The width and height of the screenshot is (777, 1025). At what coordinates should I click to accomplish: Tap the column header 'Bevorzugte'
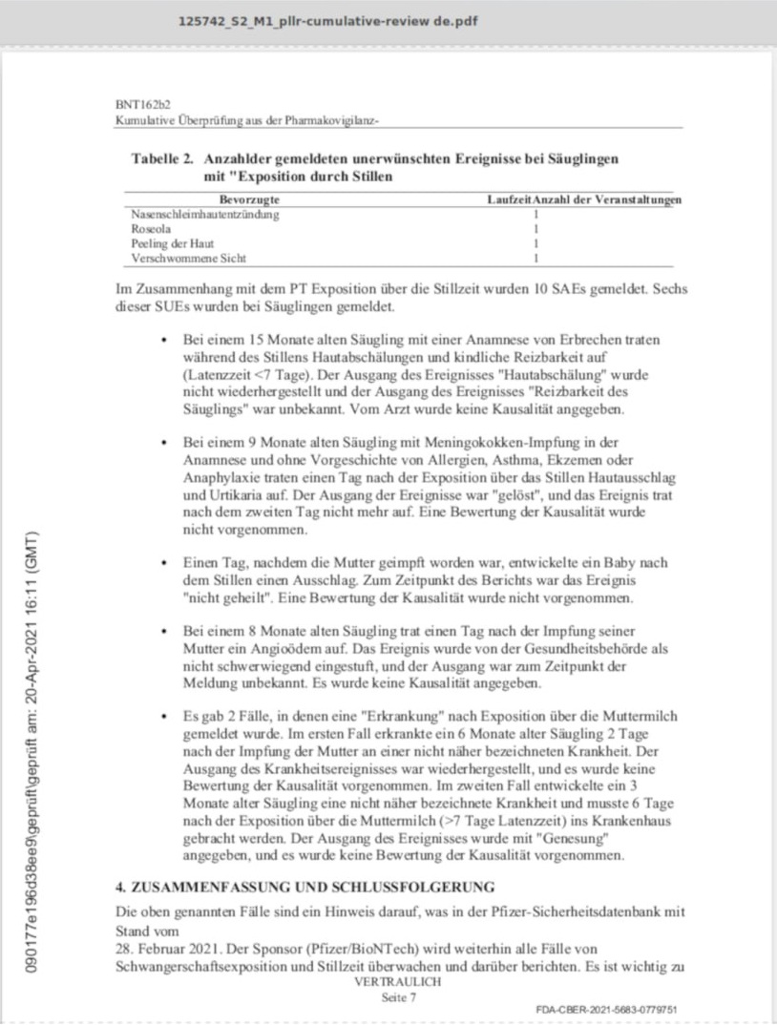249,199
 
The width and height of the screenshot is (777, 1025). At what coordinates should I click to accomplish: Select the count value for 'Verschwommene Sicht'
536,258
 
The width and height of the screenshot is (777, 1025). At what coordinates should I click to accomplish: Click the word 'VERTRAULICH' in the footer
398,980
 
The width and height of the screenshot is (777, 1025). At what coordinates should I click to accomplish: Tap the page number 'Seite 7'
398,996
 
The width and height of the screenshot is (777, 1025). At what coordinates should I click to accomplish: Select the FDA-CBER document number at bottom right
606,1009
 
